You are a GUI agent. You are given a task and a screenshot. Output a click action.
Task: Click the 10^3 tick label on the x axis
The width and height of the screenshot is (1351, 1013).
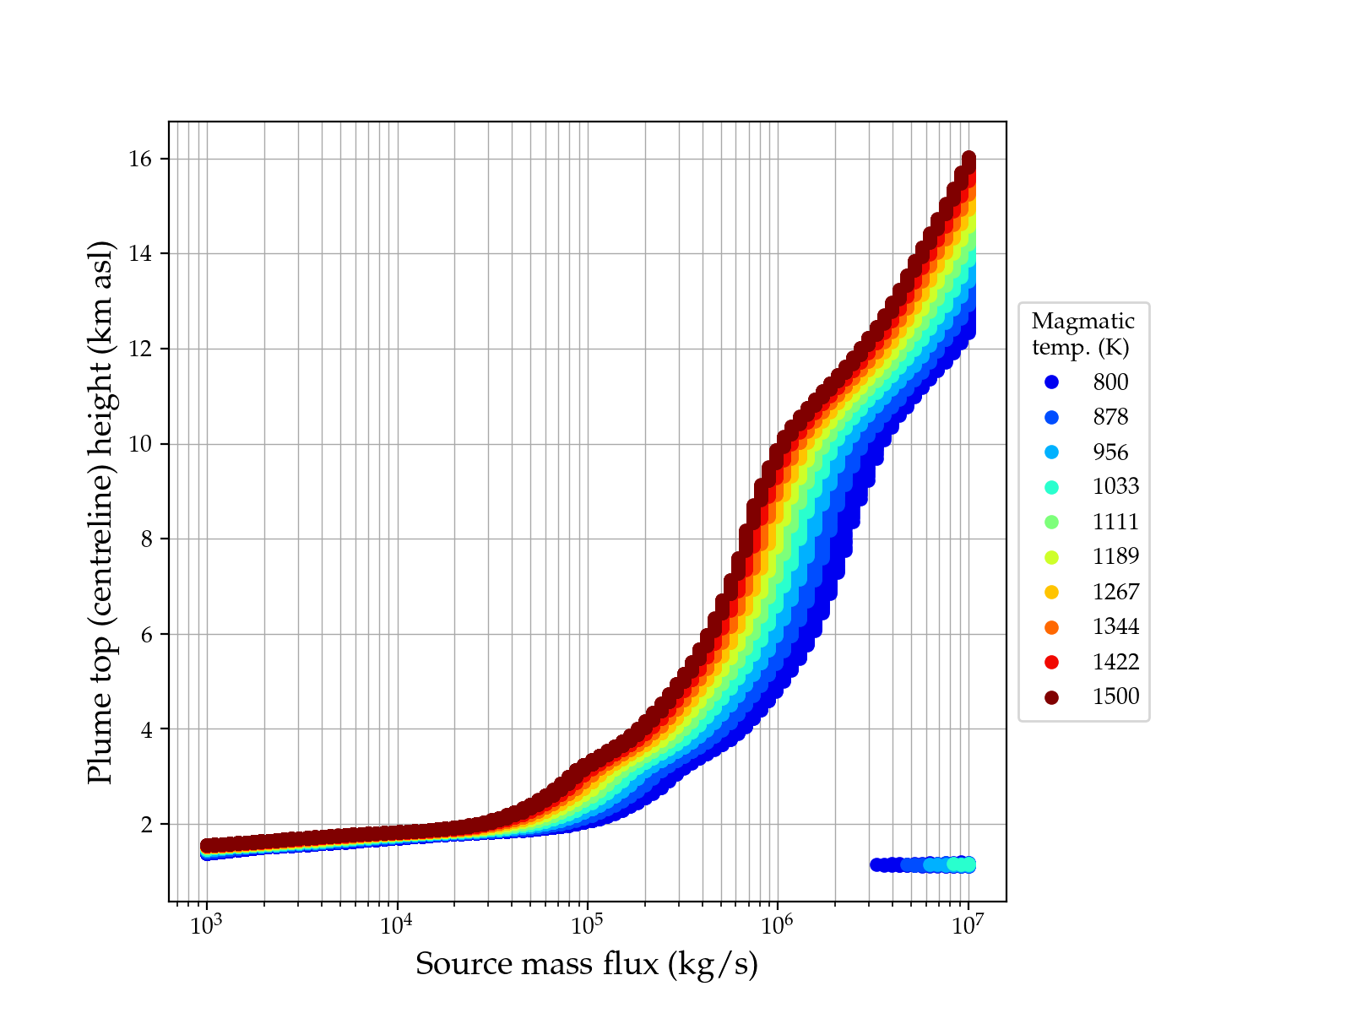coord(206,926)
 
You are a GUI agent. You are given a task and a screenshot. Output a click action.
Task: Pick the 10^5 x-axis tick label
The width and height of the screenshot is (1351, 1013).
coord(587,926)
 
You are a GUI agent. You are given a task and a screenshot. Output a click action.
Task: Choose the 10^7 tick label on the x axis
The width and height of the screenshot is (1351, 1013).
coord(968,926)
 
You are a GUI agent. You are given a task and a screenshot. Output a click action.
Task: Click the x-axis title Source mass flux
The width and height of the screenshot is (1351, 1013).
coord(587,964)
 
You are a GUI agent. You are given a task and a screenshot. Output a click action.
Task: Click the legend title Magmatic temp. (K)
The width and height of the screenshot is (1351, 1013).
coord(1083,333)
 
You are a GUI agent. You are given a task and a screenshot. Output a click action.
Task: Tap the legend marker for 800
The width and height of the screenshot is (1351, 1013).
coord(1051,382)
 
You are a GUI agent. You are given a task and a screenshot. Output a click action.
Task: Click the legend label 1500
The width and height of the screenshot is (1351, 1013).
coord(1115,696)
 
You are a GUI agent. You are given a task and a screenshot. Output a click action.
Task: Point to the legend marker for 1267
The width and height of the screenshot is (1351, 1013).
coord(1051,592)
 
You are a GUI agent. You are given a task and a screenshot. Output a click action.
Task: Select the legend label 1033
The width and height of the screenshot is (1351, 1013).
coord(1115,487)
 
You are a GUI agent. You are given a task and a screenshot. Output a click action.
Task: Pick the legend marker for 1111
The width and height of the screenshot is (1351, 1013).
coord(1051,522)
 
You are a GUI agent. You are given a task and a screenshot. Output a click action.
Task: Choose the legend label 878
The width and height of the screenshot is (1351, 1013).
coord(1110,417)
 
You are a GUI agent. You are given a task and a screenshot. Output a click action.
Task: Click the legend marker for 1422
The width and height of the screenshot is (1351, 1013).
coord(1051,662)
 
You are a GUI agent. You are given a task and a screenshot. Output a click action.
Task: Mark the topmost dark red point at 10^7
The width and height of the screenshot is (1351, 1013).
coord(968,159)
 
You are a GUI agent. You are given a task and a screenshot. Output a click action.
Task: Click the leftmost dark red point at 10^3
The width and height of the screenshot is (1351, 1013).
coord(206,846)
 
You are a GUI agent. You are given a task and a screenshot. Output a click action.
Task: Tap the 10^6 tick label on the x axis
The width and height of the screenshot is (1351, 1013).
coord(778,926)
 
